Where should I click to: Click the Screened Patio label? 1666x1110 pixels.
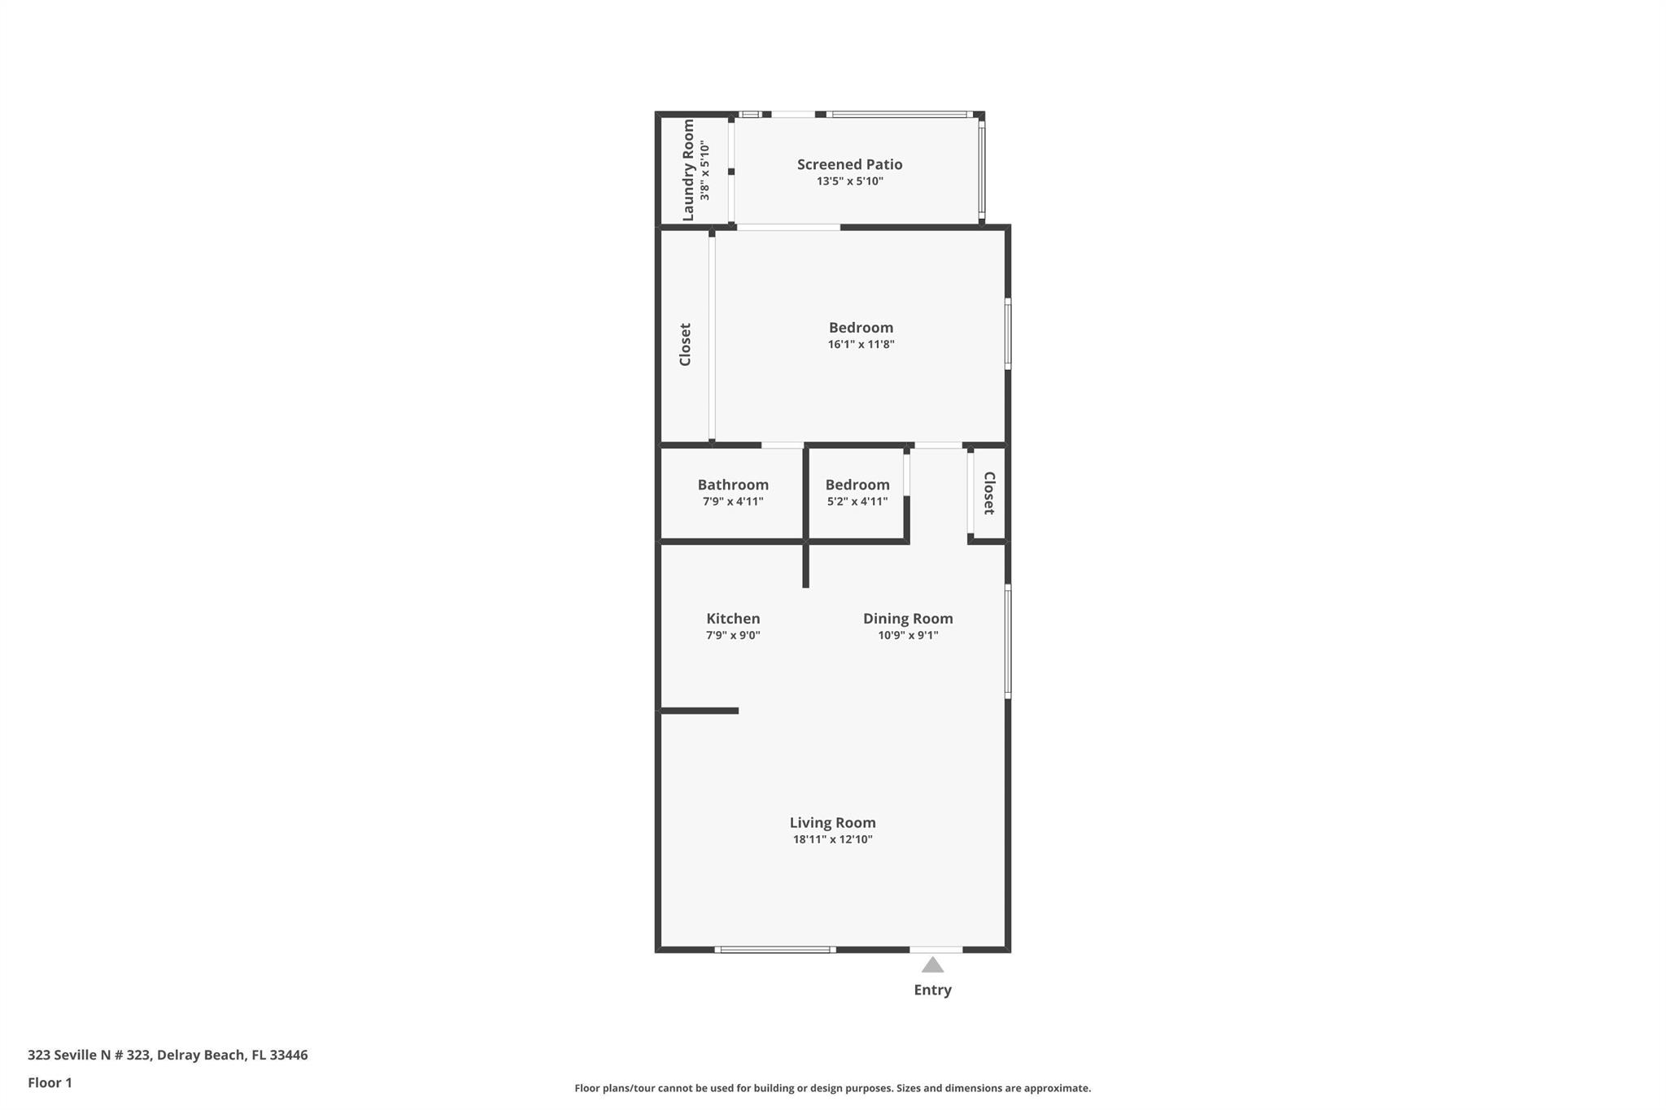click(849, 164)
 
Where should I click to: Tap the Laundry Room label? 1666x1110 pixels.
click(688, 170)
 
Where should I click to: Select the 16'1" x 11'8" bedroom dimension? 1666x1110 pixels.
click(861, 345)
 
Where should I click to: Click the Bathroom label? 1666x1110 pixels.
click(733, 485)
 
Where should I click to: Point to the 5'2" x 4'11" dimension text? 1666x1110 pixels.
click(857, 502)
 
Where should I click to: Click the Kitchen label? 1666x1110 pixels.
click(733, 619)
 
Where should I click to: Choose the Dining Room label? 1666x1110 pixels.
click(908, 619)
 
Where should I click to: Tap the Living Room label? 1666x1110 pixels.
click(832, 823)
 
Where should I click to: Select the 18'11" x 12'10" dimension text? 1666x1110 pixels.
click(832, 840)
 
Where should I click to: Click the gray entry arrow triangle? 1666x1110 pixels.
click(932, 965)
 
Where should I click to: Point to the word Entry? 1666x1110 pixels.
click(932, 990)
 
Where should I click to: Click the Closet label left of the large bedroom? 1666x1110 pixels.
click(685, 345)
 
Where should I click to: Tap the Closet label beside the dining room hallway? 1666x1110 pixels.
click(989, 493)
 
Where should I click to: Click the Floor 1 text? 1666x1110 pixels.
click(50, 1082)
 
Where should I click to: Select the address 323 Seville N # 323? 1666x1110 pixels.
click(89, 1055)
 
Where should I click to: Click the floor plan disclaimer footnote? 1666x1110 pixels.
click(832, 1088)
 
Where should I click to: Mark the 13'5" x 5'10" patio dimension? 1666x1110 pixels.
click(849, 181)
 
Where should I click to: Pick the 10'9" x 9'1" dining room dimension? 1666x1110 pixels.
click(908, 636)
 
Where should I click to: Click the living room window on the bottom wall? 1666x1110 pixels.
click(774, 949)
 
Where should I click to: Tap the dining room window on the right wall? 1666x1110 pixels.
click(1008, 641)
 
